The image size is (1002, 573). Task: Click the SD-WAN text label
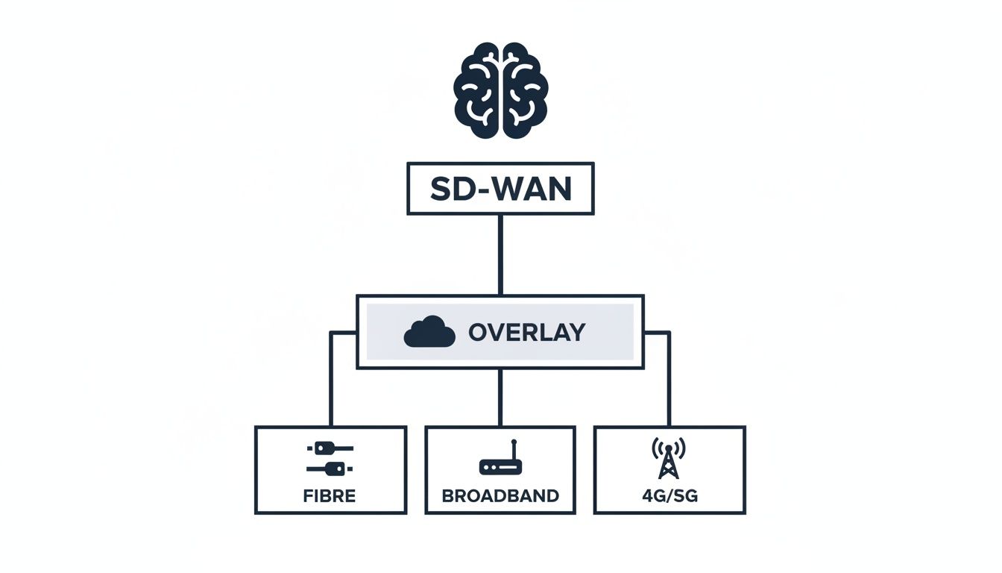click(x=500, y=190)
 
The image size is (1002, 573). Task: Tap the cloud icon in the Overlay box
click(x=429, y=332)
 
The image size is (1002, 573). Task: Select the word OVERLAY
click(x=526, y=333)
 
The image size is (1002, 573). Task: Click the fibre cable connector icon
click(x=330, y=458)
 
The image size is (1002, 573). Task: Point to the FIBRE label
click(x=330, y=495)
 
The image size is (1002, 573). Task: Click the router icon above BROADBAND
click(x=500, y=463)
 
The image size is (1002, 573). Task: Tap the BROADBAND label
click(x=500, y=495)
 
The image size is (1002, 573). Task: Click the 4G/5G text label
click(x=669, y=495)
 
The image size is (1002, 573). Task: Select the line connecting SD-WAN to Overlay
click(x=500, y=254)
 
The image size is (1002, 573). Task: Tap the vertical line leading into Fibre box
click(x=331, y=388)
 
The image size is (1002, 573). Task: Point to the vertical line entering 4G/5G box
click(x=669, y=388)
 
